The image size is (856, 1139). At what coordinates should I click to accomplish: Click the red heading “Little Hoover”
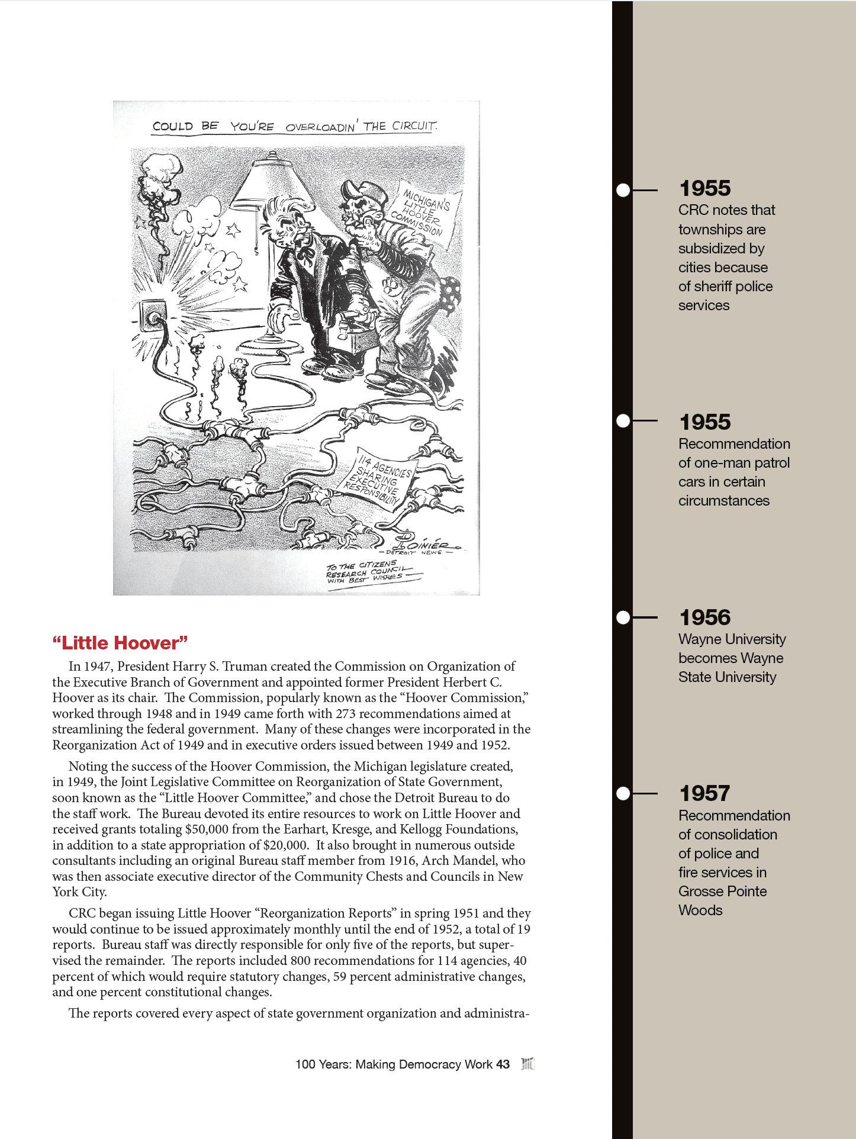click(120, 643)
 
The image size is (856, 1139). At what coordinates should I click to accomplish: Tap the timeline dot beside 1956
click(623, 617)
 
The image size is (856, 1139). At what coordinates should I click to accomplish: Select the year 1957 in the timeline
click(704, 793)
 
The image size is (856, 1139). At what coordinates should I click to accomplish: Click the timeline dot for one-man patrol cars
click(623, 421)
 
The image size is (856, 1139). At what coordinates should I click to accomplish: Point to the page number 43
click(503, 1064)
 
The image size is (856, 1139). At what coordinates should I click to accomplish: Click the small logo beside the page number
click(527, 1064)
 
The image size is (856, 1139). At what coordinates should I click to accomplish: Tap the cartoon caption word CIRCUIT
click(414, 126)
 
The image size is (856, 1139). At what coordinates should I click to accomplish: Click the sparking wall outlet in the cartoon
click(153, 317)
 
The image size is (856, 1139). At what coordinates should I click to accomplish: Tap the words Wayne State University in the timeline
click(727, 668)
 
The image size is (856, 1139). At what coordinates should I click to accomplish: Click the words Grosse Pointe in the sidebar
click(722, 892)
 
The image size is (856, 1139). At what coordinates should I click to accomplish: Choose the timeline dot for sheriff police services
click(623, 190)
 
